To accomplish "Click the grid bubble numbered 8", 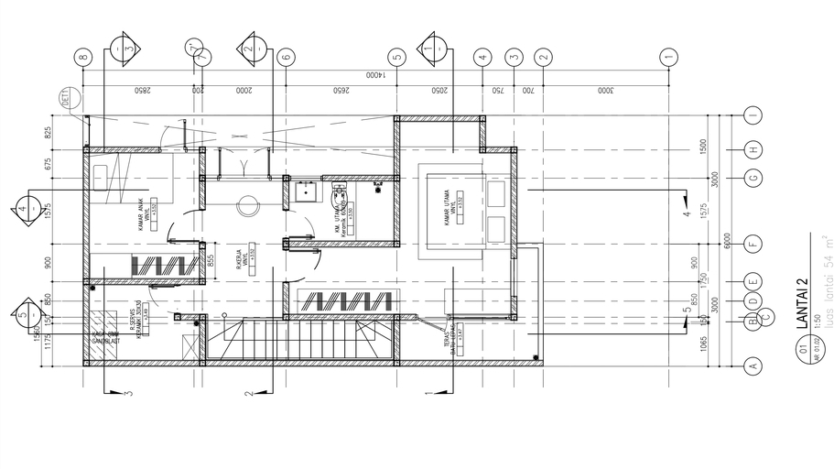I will [x=83, y=57].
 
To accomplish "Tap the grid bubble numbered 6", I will [x=286, y=57].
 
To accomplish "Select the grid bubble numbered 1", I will [x=670, y=57].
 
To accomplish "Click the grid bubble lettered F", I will [x=753, y=244].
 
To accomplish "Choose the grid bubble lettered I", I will [x=753, y=115].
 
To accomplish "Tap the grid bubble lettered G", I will [x=753, y=179].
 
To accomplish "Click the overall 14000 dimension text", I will [x=375, y=74].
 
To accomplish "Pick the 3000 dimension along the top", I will [x=604, y=90].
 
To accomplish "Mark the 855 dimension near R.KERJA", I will [x=211, y=262].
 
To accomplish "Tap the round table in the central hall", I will [x=246, y=206].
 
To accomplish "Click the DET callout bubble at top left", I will [x=67, y=97].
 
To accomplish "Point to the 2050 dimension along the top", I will [x=439, y=90].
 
